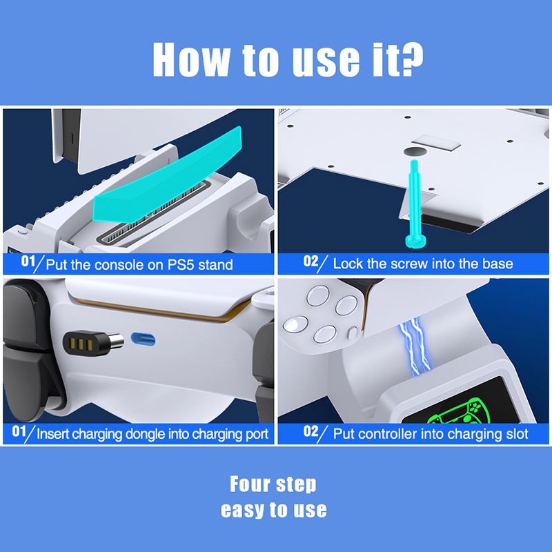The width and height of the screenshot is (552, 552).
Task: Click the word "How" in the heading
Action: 192,59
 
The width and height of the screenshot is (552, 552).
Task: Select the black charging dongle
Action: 93,343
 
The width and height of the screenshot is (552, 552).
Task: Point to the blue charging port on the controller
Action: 143,339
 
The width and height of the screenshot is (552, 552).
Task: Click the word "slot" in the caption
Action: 517,434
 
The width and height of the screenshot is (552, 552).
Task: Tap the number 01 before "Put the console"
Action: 28,262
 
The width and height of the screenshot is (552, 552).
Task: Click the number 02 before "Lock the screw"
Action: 310,261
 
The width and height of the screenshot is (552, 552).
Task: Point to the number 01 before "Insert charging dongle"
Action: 19,431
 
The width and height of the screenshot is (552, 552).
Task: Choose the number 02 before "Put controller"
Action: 310,431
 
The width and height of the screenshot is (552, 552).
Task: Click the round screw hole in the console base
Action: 415,152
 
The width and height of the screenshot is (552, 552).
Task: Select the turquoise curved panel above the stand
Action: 167,175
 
